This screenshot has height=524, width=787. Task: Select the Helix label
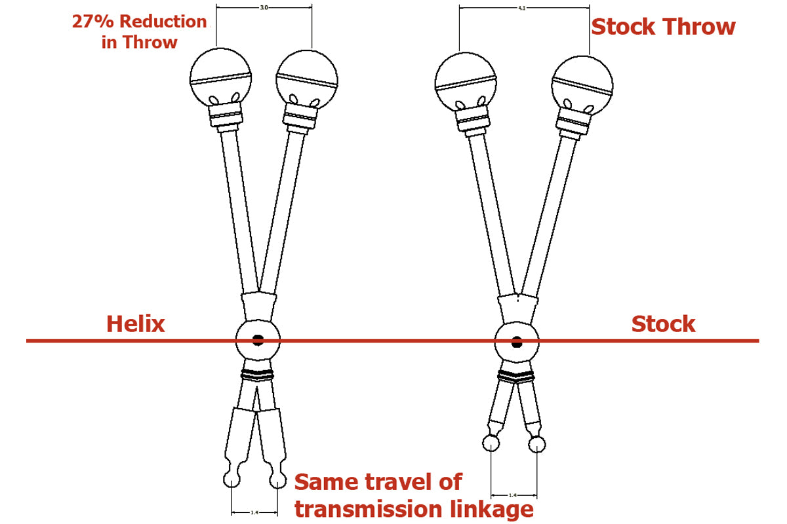(x=136, y=324)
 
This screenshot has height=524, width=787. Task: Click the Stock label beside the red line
(x=663, y=324)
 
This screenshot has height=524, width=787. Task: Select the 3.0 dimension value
(x=264, y=9)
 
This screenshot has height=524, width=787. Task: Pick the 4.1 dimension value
(x=524, y=9)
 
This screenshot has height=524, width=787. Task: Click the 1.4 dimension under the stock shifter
(x=514, y=496)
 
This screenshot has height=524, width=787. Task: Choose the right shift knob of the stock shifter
(x=583, y=81)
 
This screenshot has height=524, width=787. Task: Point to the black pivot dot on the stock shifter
(x=517, y=341)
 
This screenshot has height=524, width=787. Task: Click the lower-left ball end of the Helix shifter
(x=232, y=480)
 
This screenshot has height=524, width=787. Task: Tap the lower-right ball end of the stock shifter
(x=537, y=445)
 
